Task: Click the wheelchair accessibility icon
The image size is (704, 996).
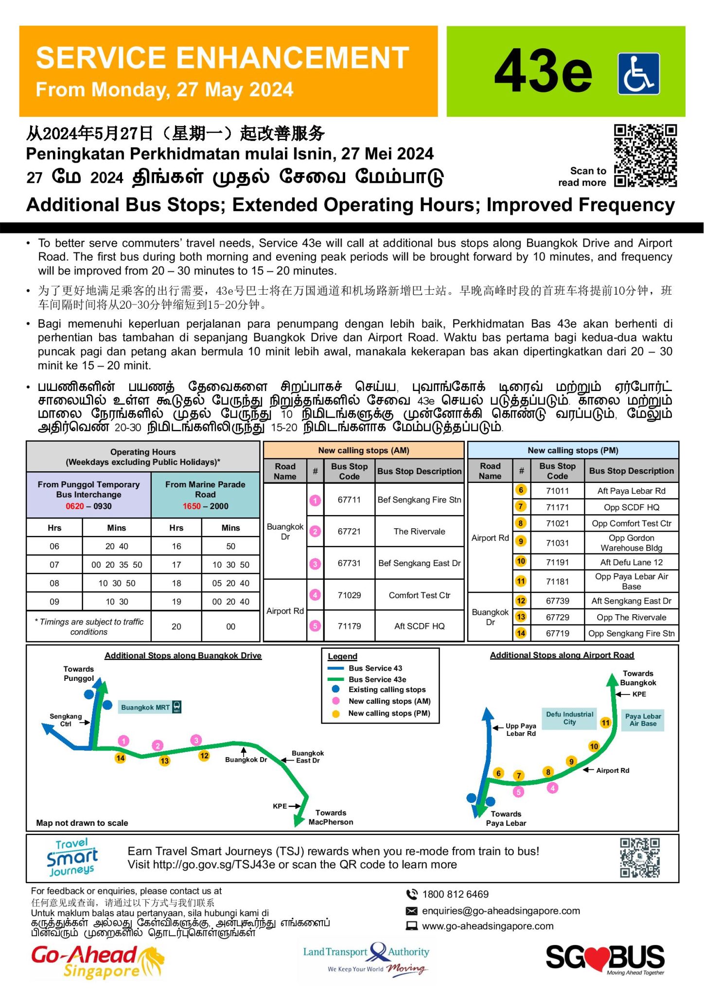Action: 638,73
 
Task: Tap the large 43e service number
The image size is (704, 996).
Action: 543,72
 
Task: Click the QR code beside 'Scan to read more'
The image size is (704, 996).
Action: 645,156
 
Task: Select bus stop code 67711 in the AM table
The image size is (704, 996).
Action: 349,499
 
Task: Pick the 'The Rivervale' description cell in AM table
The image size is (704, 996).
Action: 419,532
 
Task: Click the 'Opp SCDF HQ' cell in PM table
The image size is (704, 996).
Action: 631,507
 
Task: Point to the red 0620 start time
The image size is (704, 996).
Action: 75,506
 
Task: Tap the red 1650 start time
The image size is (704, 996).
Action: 192,506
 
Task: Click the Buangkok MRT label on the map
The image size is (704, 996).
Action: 145,708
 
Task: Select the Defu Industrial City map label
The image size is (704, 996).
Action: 569,718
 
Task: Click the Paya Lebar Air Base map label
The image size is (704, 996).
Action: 643,720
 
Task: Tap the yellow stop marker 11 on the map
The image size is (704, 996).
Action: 605,723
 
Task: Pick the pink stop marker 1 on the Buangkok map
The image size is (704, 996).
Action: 123,741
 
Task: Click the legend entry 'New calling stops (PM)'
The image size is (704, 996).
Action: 389,713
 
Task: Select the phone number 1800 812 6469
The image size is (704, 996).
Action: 455,894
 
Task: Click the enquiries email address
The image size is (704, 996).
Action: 501,911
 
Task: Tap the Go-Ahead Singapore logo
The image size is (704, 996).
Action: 97,961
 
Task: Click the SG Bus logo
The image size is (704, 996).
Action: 605,959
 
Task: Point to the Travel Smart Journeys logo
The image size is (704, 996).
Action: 72,858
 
